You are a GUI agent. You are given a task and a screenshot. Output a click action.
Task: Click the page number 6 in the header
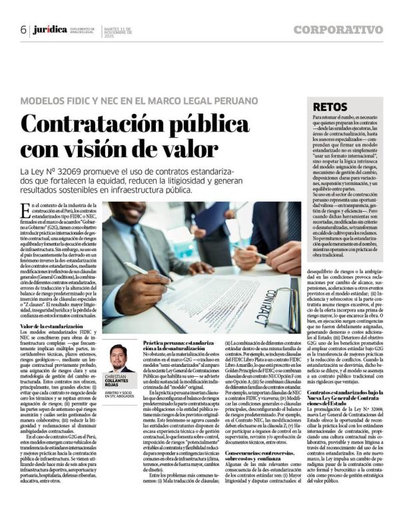click(23, 30)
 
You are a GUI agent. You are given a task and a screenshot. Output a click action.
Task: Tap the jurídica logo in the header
click(50, 30)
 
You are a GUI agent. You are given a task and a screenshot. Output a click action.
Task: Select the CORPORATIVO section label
click(338, 30)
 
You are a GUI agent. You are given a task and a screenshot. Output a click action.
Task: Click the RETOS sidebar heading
click(327, 106)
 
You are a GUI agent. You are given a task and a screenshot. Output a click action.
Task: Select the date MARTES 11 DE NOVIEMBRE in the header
click(117, 30)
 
